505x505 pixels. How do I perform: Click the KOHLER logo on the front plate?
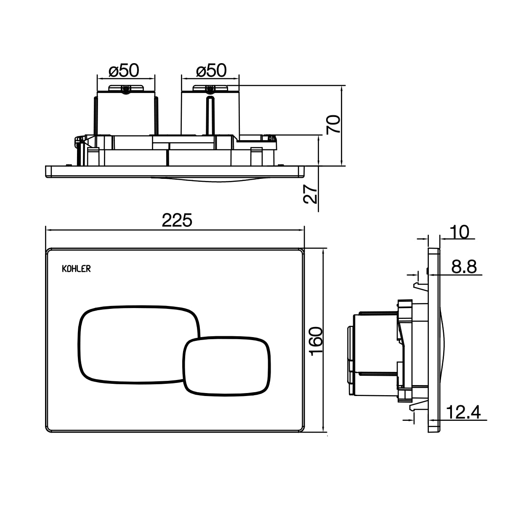(76, 269)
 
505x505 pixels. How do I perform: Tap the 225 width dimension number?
(177, 220)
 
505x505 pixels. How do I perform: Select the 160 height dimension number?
(316, 341)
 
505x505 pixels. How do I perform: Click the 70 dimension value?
(333, 125)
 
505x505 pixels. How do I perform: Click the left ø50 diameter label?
(123, 71)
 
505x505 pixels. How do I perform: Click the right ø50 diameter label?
(211, 71)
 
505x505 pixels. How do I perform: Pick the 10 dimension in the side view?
(459, 232)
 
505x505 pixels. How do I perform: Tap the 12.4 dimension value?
(463, 413)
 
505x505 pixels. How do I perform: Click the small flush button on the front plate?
(226, 365)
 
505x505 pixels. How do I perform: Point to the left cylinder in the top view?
(125, 114)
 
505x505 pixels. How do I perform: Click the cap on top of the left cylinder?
(126, 88)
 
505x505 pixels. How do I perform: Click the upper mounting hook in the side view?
(418, 287)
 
